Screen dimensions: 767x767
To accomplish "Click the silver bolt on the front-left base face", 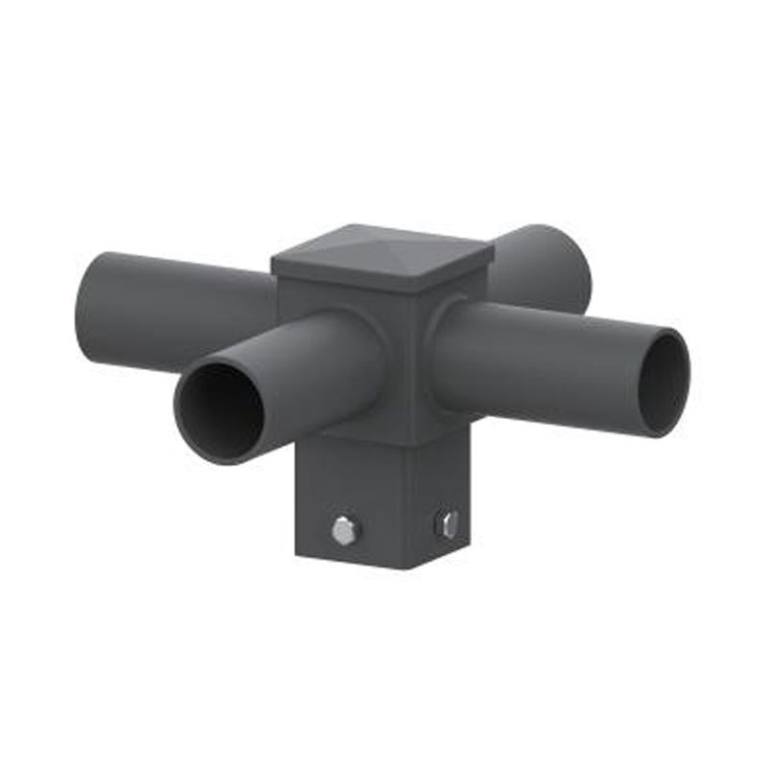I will point(342,529).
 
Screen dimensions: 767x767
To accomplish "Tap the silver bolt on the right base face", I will point(446,524).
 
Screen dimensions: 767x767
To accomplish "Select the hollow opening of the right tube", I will point(663,381).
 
